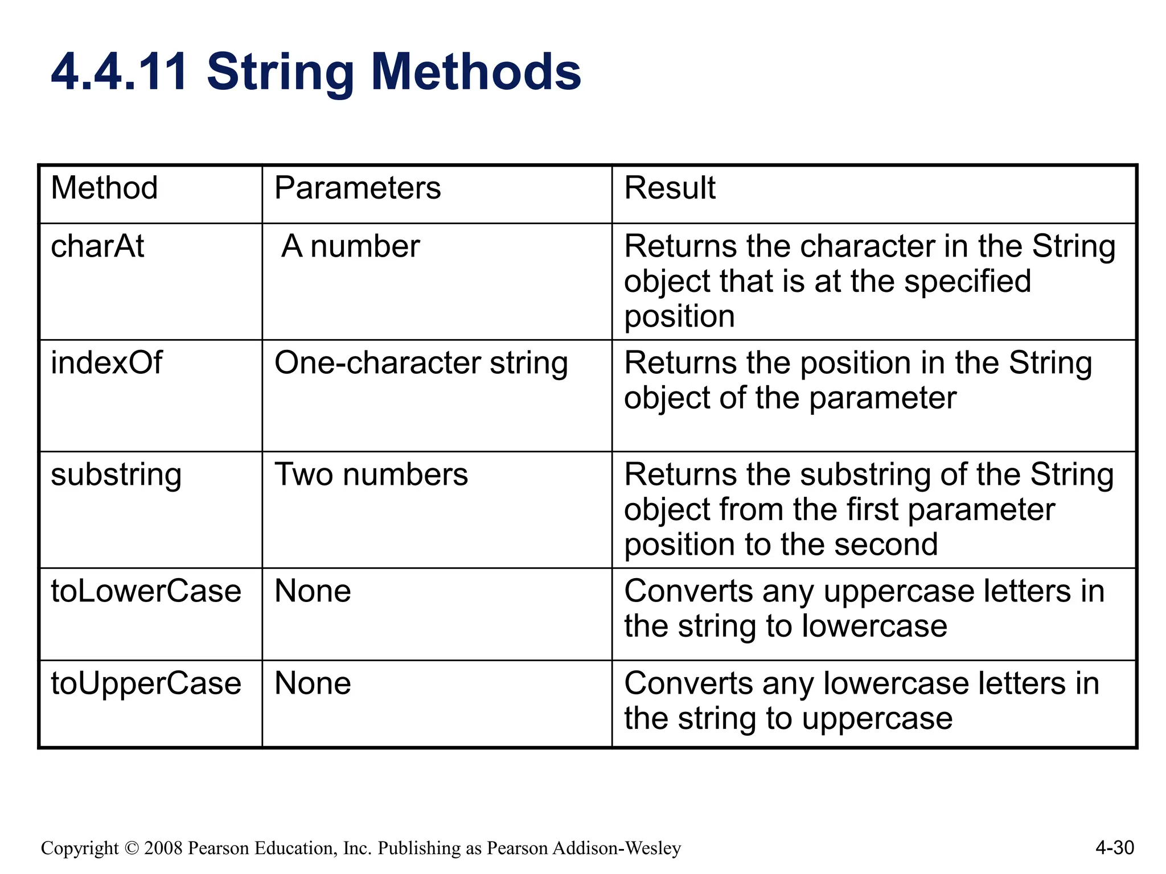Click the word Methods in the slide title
pos(476,72)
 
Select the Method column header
pos(104,188)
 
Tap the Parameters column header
pos(358,188)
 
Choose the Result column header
pos(670,188)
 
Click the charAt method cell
pos(97,246)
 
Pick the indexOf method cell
pos(106,362)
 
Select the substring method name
pos(116,475)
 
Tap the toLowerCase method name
pos(146,591)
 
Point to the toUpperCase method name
pos(146,683)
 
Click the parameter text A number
pos(351,246)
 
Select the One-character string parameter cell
pos(421,363)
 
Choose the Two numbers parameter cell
pos(371,475)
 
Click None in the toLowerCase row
pos(313,591)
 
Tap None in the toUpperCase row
pos(313,683)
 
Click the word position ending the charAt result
pos(679,317)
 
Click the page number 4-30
pos(1114,848)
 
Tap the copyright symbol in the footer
pos(131,848)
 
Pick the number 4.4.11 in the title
pos(119,72)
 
